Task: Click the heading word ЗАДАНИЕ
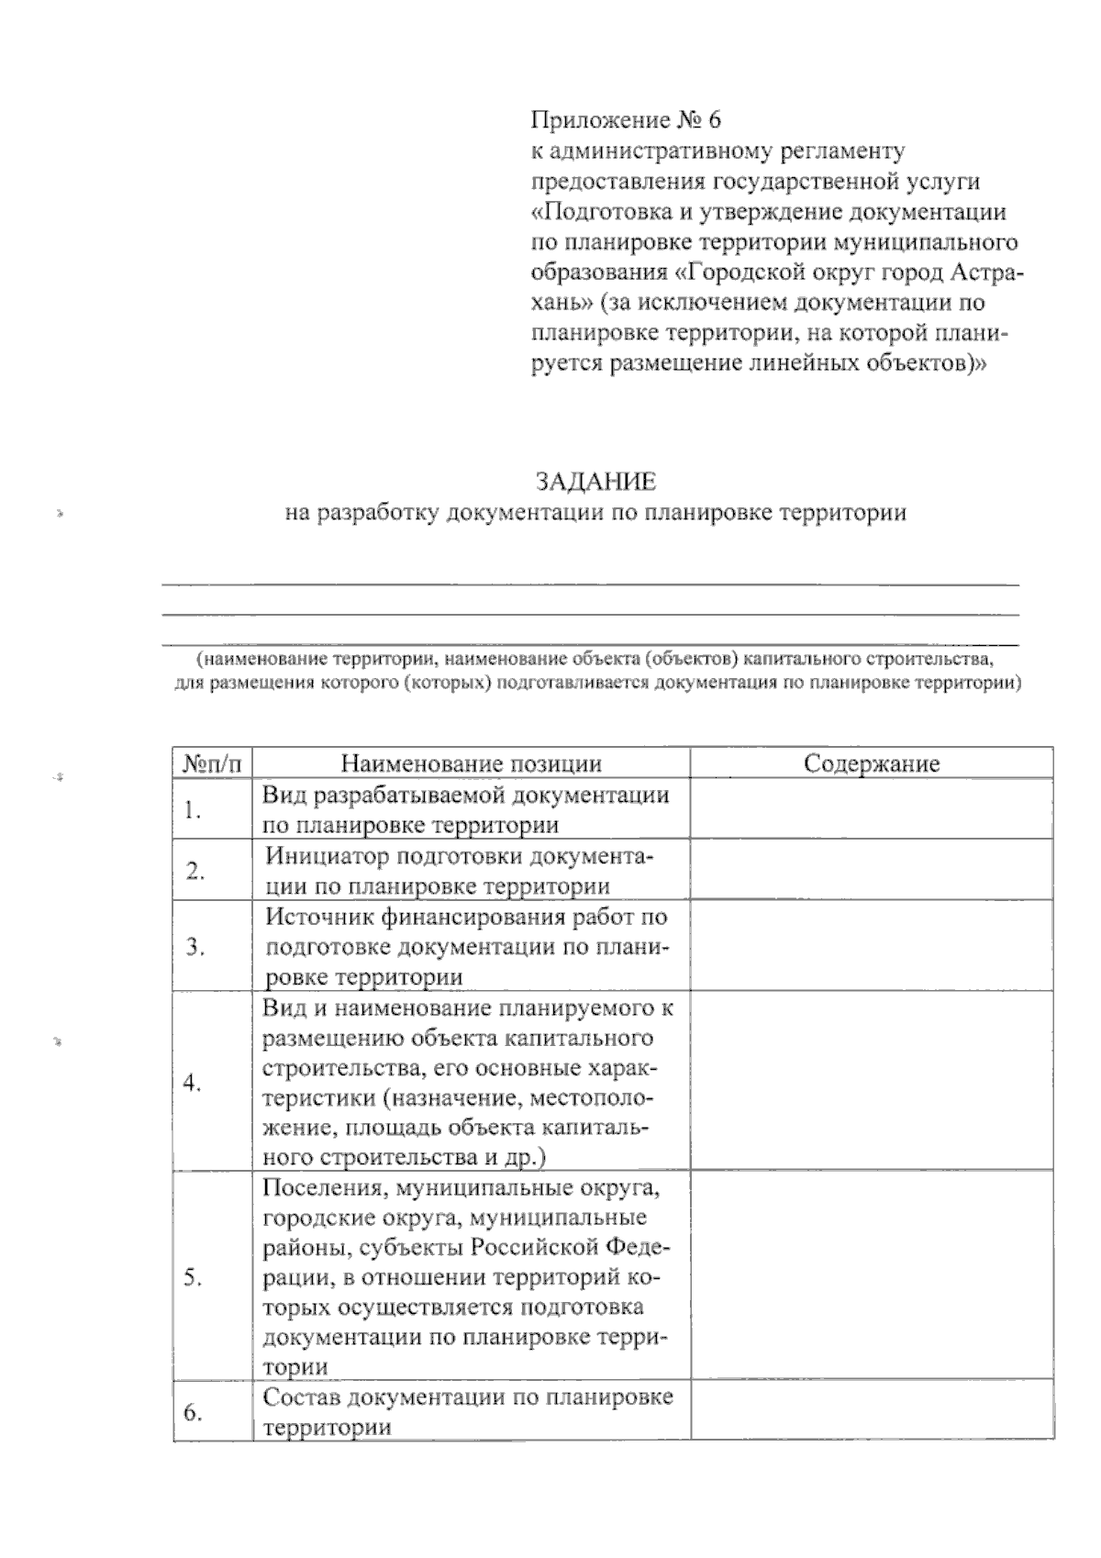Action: [x=595, y=482]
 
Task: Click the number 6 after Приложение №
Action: [x=716, y=120]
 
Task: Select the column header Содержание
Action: [x=871, y=763]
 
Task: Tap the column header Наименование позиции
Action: [x=472, y=763]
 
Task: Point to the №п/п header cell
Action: [x=212, y=763]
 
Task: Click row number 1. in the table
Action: [x=192, y=809]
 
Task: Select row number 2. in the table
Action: [x=194, y=871]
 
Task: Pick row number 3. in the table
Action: [x=194, y=947]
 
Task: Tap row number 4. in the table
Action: [x=192, y=1083]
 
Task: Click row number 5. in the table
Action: [x=193, y=1278]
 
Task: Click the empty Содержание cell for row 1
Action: [x=871, y=808]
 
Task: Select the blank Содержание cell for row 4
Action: [x=871, y=1082]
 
